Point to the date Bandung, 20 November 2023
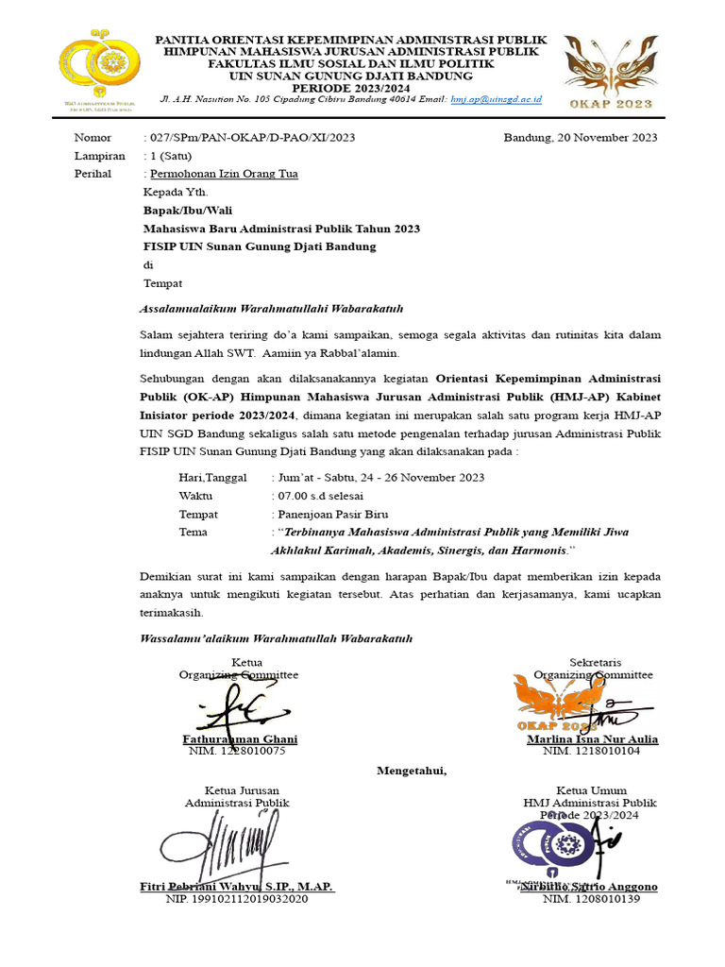[580, 138]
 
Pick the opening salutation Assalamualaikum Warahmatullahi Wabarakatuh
[272, 309]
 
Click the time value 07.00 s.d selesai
[317, 496]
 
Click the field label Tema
[193, 533]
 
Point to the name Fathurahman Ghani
[239, 739]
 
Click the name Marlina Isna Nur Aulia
[592, 739]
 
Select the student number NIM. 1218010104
[591, 752]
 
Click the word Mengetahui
[412, 771]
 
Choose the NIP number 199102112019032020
[236, 899]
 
